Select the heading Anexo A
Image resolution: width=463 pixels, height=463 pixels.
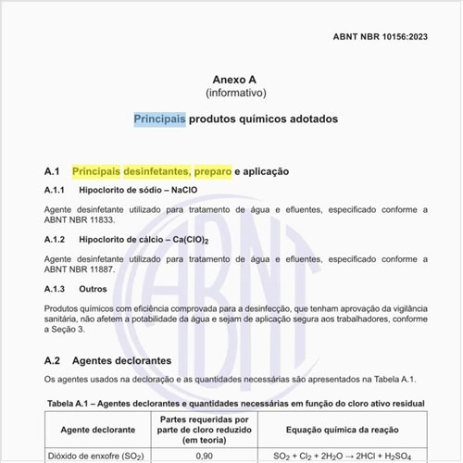coord(231,79)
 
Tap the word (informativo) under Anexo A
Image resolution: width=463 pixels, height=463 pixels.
coord(231,94)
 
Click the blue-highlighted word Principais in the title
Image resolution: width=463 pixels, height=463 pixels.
coord(159,119)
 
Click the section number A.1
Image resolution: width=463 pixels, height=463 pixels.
coord(52,171)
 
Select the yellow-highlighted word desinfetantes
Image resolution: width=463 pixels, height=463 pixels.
coord(156,171)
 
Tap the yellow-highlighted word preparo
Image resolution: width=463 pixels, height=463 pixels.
coord(213,171)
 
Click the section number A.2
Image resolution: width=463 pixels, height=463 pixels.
coord(52,359)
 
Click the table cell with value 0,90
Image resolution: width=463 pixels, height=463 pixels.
coord(205,456)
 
